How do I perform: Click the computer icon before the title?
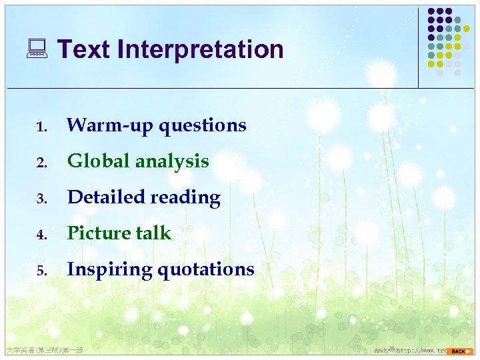click(x=37, y=49)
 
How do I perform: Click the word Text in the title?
click(x=83, y=49)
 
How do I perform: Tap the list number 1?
click(x=41, y=127)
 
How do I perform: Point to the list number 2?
click(x=41, y=163)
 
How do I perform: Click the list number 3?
click(x=41, y=199)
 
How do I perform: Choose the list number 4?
click(x=41, y=235)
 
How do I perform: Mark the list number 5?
click(x=41, y=271)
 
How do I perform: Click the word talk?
click(x=155, y=233)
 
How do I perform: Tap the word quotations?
click(x=206, y=269)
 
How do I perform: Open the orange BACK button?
click(x=460, y=351)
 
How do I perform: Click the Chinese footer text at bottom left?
click(x=43, y=350)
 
